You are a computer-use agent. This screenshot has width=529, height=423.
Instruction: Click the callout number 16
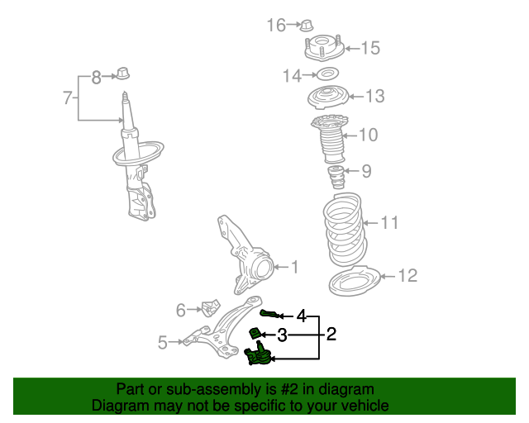[x=275, y=26]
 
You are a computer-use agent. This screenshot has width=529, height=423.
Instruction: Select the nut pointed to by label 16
[x=304, y=26]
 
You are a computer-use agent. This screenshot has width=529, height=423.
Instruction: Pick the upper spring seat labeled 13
[x=329, y=98]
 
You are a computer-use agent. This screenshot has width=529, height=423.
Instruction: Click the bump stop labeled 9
[x=336, y=177]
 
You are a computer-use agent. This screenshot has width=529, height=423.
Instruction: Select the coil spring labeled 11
[x=341, y=226]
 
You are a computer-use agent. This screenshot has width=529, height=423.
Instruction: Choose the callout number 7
[x=68, y=98]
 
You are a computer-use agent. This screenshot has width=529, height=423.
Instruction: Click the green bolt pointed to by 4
[x=269, y=313]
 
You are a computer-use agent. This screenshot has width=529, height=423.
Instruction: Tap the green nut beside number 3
[x=256, y=333]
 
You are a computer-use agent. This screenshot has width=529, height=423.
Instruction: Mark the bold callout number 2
[x=331, y=335]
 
